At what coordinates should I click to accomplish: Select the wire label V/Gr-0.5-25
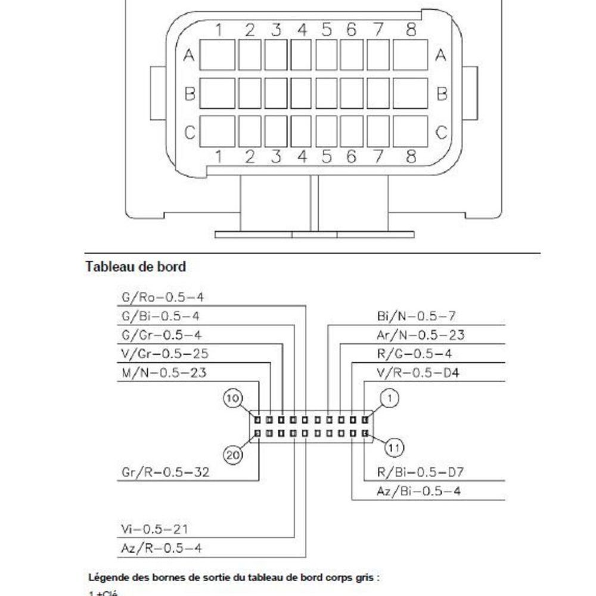164,354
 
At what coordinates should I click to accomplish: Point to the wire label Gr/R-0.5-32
165,473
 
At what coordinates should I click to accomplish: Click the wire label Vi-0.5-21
156,529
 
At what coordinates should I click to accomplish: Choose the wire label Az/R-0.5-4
161,548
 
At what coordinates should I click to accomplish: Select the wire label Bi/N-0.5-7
416,316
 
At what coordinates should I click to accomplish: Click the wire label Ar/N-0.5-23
421,335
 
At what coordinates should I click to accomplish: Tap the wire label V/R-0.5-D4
421,373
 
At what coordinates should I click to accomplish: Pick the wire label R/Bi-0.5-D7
421,473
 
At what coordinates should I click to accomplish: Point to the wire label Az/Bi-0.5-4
419,492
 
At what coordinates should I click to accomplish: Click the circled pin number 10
233,398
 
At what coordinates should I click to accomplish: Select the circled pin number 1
390,398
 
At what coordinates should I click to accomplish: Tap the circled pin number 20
233,456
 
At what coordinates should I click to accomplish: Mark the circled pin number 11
393,447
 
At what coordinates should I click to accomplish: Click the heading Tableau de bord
136,267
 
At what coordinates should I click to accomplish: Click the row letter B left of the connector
190,94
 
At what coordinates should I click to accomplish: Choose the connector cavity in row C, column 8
411,131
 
